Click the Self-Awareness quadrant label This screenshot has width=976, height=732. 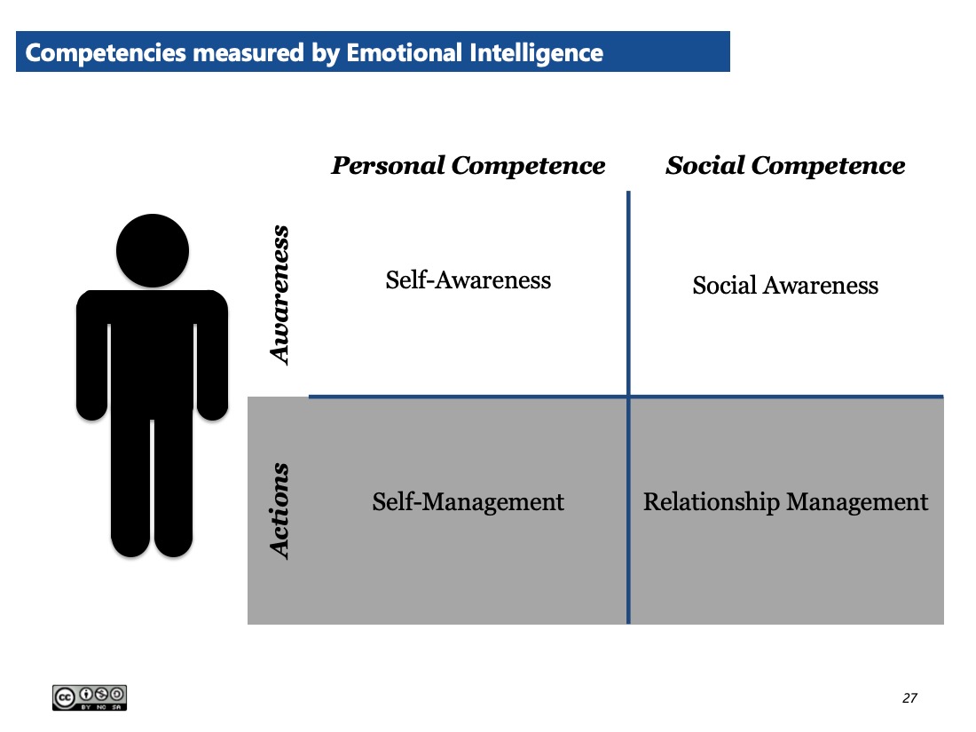468,280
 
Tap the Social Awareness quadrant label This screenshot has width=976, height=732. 785,285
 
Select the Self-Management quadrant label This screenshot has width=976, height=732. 468,501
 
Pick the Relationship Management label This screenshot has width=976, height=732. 785,501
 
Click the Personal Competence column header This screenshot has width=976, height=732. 468,166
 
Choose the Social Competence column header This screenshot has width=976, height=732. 785,166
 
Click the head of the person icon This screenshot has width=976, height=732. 153,251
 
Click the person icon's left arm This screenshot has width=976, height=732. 92,356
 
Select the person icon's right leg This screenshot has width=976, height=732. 173,485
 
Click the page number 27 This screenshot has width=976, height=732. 909,697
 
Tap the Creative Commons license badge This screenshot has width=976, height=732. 90,697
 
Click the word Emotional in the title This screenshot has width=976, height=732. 404,53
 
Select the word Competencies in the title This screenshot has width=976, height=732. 106,53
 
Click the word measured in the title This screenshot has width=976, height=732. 248,53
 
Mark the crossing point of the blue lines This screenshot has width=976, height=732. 629,396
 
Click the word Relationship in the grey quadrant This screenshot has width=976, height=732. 711,501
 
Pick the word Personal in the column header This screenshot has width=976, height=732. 388,166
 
